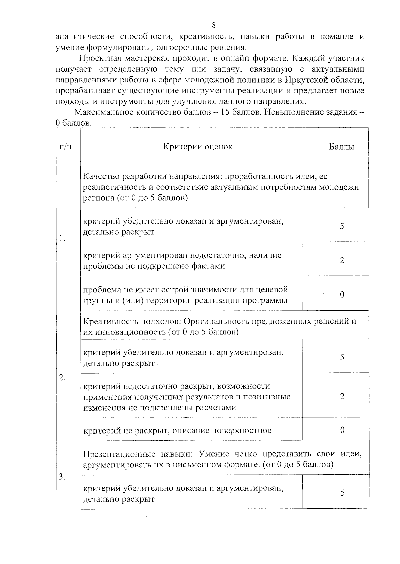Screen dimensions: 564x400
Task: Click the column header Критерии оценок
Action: [198, 147]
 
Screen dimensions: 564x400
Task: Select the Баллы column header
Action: [342, 147]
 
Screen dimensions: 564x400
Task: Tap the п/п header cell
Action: [65, 147]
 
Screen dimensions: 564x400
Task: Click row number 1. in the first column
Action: [62, 238]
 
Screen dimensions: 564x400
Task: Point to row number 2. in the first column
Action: [62, 378]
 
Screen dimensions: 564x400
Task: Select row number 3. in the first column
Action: [62, 477]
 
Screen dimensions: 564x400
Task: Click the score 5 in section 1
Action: [342, 226]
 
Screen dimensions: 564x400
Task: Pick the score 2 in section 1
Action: [342, 260]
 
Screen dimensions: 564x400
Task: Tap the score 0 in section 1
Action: [342, 295]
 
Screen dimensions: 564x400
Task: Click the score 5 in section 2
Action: [342, 357]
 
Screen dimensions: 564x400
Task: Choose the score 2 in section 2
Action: [342, 396]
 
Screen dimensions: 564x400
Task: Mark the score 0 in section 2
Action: [342, 430]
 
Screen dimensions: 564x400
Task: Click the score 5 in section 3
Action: [342, 493]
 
